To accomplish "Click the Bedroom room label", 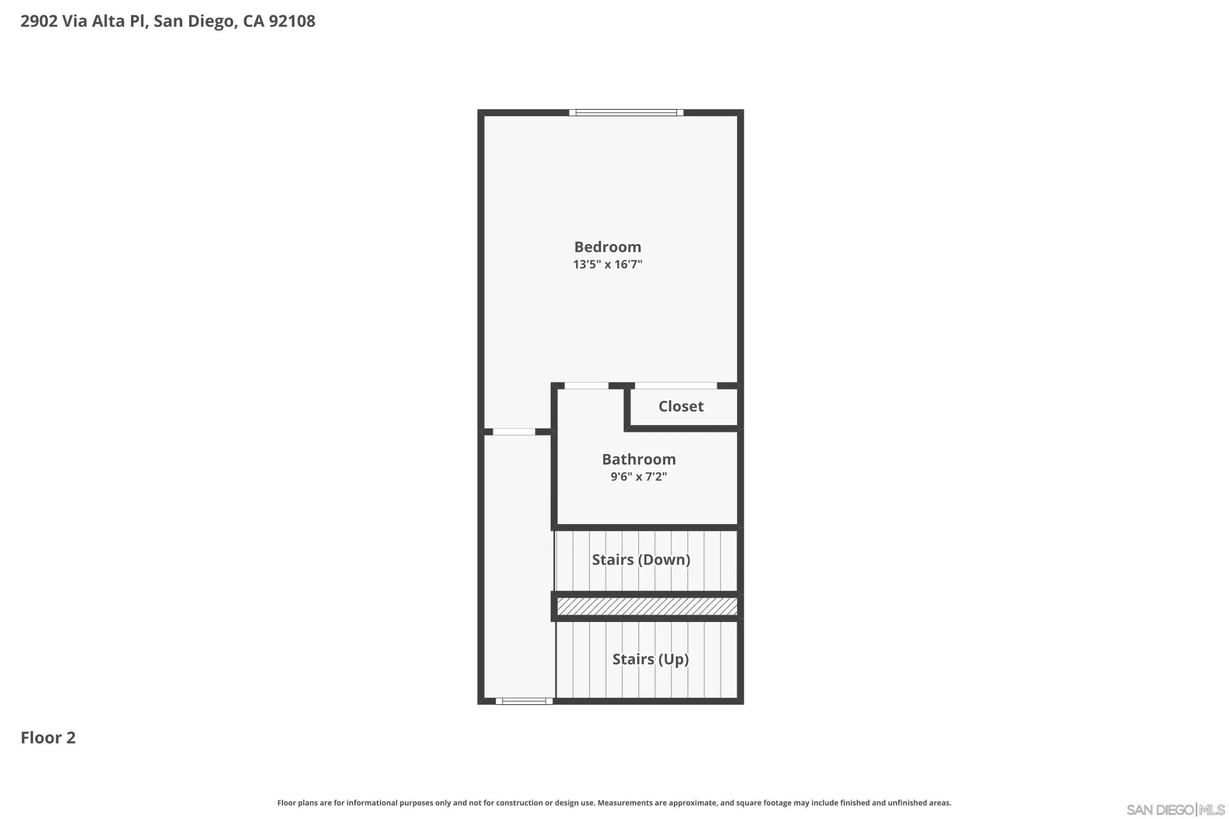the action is (x=607, y=247).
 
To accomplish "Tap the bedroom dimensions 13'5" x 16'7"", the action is (x=607, y=264).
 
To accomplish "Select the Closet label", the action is (x=681, y=406).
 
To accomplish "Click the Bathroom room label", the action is (x=639, y=459).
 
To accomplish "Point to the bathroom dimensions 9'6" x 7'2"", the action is (x=639, y=476).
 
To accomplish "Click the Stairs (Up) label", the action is (x=650, y=659).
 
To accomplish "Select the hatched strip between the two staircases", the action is (x=647, y=606).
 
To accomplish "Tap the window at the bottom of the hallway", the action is (x=524, y=701).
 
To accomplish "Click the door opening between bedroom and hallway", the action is (x=514, y=431).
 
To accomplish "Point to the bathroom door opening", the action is (x=587, y=386).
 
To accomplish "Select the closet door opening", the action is (x=676, y=386).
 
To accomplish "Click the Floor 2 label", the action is (x=48, y=738).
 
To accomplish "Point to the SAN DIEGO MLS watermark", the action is (x=1175, y=810).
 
